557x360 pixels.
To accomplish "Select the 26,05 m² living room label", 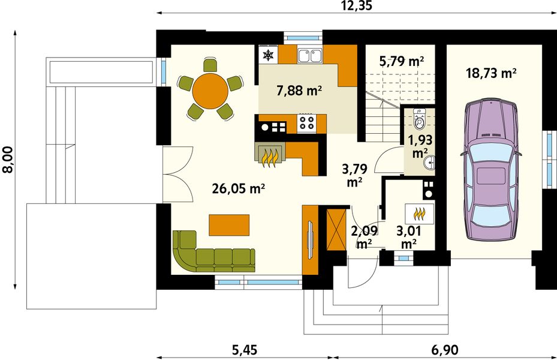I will pos(239,188).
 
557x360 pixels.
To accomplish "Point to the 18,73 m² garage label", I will pos(491,73).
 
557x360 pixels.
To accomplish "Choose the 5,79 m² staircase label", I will pos(402,61).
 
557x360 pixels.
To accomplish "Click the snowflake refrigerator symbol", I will pos(268,55).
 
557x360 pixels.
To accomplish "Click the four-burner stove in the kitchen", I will pos(307,124).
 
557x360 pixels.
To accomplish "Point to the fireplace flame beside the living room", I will pos(270,155).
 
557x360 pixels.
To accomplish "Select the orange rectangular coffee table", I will pos(228,224).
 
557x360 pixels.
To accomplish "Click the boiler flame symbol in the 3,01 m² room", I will pos(420,212).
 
